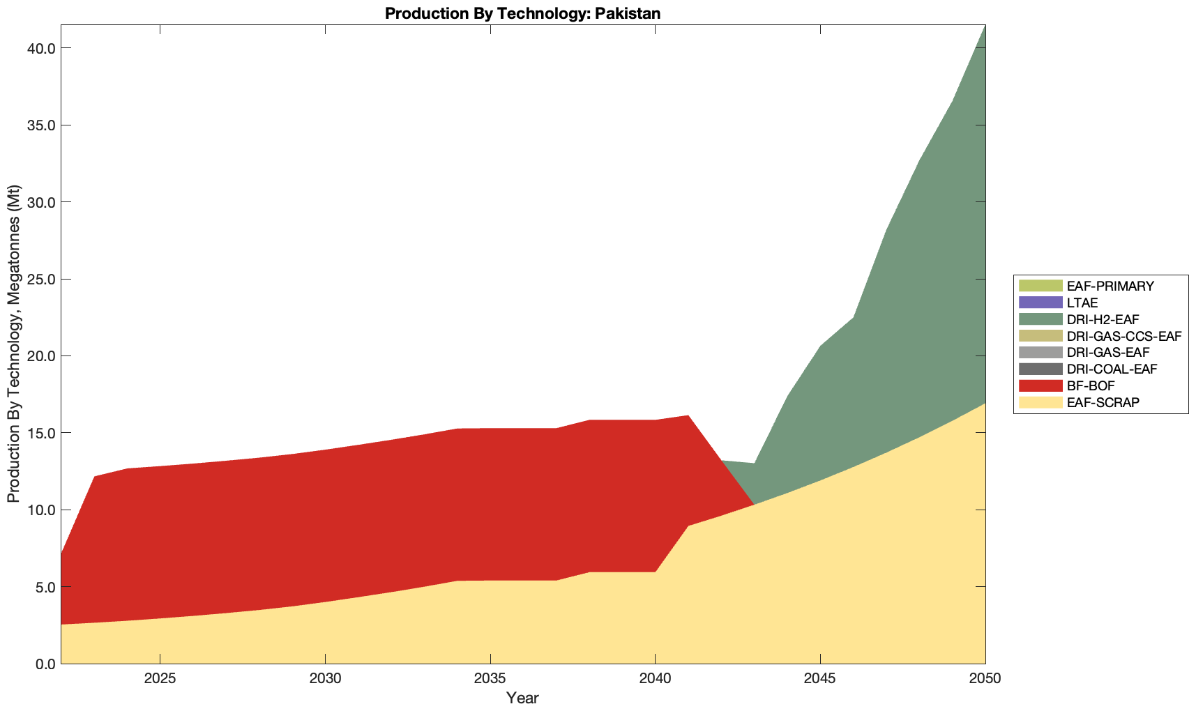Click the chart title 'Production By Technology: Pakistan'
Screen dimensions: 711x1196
click(x=522, y=13)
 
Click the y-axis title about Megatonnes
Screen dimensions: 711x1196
click(x=13, y=344)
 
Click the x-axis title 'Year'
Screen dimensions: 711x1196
click(x=522, y=698)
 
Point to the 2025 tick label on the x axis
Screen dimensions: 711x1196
click(x=160, y=680)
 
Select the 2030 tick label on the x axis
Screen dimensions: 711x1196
click(x=325, y=680)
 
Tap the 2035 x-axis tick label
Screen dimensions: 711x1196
click(x=490, y=680)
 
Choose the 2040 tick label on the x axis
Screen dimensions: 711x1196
click(x=655, y=680)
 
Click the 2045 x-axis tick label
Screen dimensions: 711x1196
click(x=820, y=680)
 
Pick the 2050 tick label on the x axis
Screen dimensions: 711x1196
click(x=985, y=680)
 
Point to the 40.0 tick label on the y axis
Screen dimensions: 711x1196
click(x=41, y=49)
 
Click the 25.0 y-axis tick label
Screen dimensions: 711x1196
click(x=41, y=280)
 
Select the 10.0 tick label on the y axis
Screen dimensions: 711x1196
click(x=41, y=510)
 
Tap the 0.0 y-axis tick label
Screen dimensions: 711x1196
click(x=45, y=664)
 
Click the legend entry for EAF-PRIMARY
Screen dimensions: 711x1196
click(x=1110, y=286)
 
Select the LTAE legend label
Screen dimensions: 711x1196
click(x=1082, y=303)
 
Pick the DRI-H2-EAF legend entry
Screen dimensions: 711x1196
click(x=1103, y=319)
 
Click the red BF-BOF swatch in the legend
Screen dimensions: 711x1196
click(x=1040, y=385)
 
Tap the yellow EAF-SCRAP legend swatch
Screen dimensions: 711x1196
click(x=1040, y=402)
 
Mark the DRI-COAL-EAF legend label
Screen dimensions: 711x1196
click(x=1112, y=369)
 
